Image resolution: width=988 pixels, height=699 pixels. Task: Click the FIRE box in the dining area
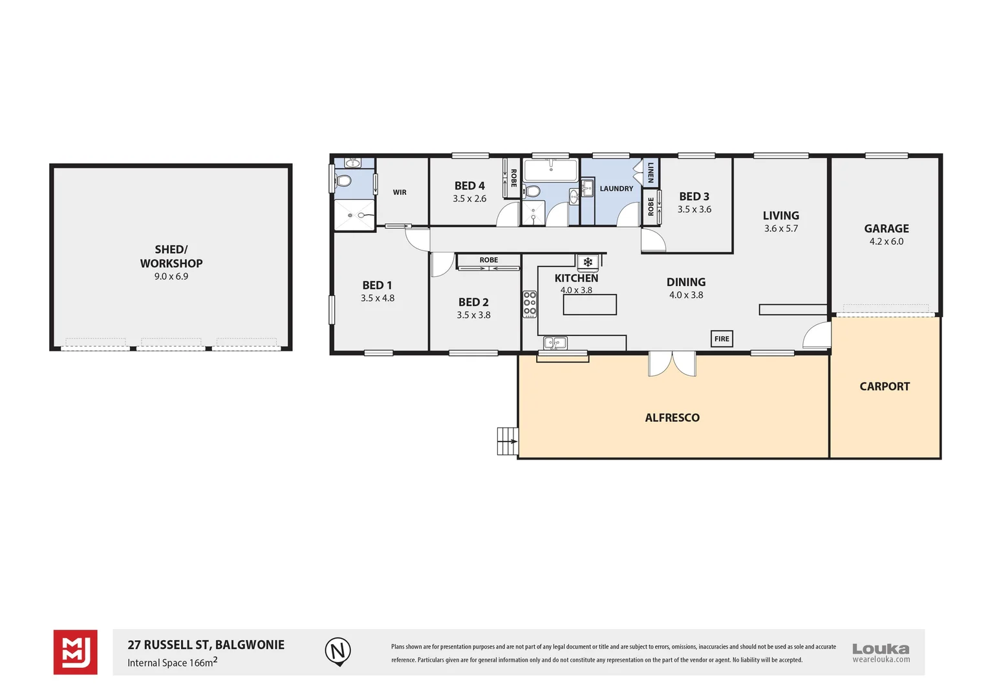(x=722, y=338)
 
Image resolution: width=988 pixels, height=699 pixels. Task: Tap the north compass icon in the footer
(x=338, y=650)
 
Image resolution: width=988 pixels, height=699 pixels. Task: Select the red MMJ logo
(x=75, y=652)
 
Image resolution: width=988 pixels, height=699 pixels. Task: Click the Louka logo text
(x=880, y=649)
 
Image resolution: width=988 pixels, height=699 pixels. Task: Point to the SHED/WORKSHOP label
(x=171, y=256)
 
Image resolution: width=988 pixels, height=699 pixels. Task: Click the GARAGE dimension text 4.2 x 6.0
(x=886, y=241)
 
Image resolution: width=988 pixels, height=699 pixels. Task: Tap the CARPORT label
(x=884, y=386)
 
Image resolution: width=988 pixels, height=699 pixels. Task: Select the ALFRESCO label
(x=672, y=418)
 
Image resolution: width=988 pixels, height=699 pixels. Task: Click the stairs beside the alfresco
(x=508, y=441)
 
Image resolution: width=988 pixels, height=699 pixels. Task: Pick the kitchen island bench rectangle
(x=589, y=305)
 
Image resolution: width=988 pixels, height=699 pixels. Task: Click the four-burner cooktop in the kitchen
(x=530, y=304)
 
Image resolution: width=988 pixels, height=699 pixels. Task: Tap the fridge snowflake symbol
(x=588, y=262)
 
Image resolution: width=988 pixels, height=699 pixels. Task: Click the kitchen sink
(x=555, y=342)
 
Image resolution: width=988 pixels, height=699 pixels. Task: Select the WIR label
(x=400, y=192)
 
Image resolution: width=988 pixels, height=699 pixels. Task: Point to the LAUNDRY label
(x=616, y=189)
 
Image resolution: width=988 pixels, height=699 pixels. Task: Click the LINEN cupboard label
(x=650, y=172)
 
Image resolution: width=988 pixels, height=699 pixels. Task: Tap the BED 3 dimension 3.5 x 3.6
(x=694, y=210)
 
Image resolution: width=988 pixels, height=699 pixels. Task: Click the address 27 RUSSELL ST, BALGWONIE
(x=206, y=645)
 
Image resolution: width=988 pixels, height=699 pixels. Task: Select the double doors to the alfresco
(x=672, y=364)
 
